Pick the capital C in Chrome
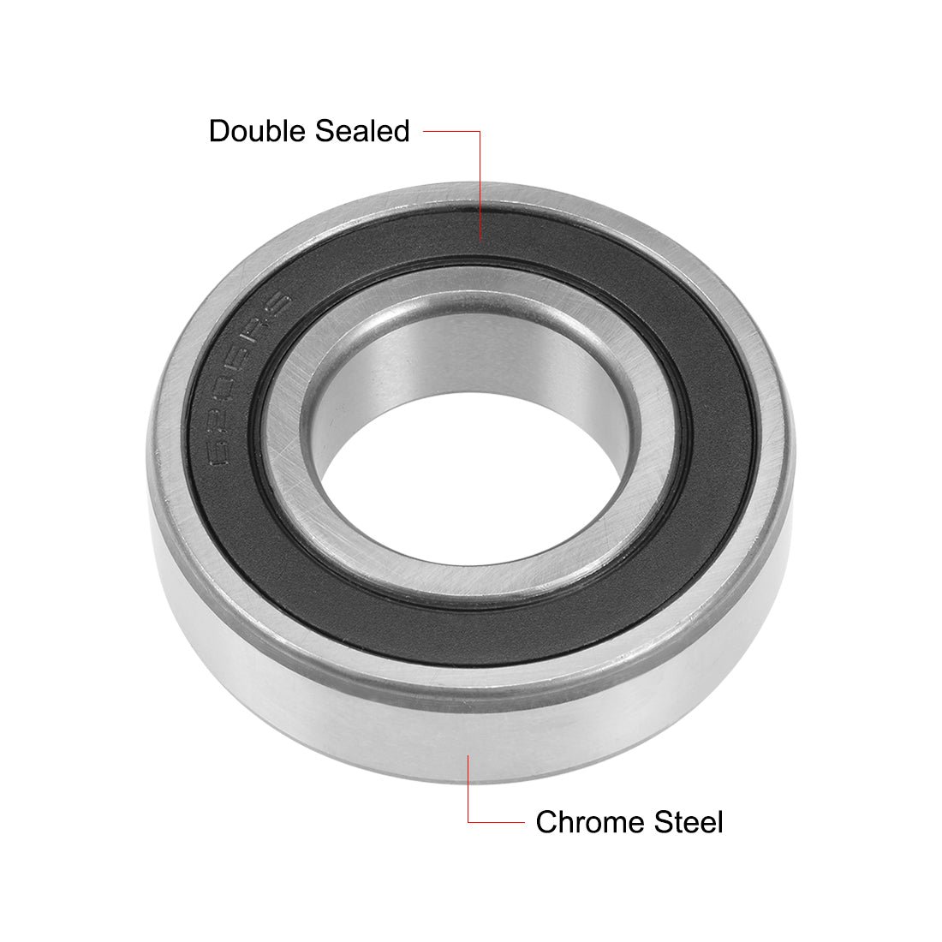tap(546, 822)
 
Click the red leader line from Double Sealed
tap(480, 171)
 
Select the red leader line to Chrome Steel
tap(468, 796)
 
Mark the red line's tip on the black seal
tap(480, 239)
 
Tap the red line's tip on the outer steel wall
tap(468, 756)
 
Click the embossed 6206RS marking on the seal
tap(245, 377)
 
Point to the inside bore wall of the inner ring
tap(480, 360)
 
